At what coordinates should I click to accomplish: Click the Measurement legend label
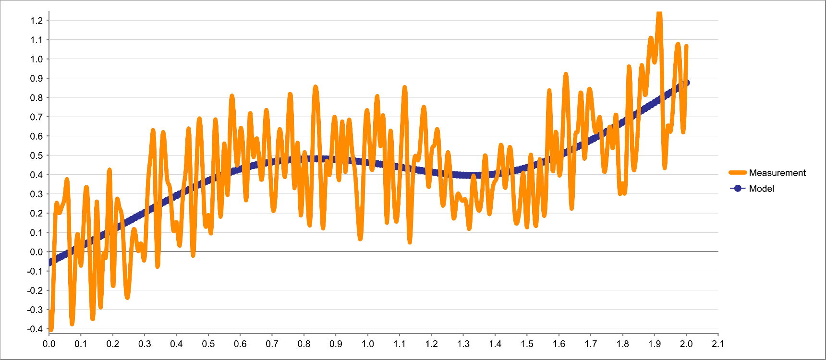coord(777,173)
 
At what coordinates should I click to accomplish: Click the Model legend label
coord(761,189)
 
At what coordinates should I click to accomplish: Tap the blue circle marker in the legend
coord(738,189)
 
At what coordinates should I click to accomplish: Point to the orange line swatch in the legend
coord(738,173)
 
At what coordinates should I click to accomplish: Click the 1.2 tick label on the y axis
coord(36,21)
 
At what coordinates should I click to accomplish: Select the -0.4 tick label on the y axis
coord(35,329)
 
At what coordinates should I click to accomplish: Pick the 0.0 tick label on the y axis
coord(36,252)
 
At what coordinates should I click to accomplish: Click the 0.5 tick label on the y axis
coord(36,156)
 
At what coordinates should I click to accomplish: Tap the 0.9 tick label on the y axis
coord(36,78)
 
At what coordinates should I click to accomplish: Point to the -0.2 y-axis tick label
coord(35,290)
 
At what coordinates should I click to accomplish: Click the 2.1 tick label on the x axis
coord(718,344)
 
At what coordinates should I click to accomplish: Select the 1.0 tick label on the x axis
coord(368,344)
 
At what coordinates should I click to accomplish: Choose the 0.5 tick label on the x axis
coord(208,344)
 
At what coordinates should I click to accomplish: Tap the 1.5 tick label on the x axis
coord(527,344)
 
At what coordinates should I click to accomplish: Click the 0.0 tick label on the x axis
coord(49,344)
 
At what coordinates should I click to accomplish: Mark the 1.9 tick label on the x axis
coord(655,344)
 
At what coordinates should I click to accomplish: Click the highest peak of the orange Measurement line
coord(659,13)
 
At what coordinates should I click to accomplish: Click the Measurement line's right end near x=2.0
coord(686,47)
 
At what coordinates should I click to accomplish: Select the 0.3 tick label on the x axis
coord(145,344)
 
